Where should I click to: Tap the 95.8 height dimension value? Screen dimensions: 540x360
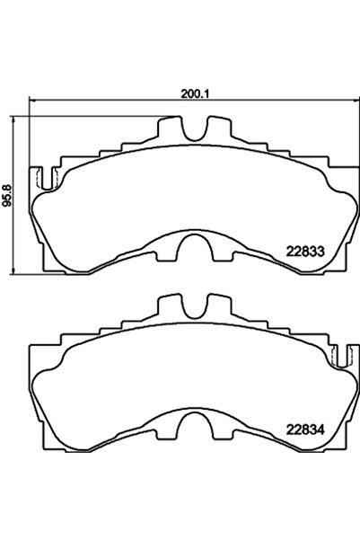click(9, 192)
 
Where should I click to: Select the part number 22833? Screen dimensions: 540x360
click(305, 252)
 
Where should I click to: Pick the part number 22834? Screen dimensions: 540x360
click(305, 427)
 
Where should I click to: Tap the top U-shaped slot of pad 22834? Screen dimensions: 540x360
click(192, 306)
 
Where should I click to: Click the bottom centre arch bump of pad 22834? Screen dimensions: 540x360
click(190, 419)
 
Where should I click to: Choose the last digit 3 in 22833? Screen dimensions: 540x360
click(319, 252)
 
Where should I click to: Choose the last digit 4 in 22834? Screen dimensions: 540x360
click(319, 427)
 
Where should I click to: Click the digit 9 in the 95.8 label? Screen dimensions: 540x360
click(9, 203)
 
